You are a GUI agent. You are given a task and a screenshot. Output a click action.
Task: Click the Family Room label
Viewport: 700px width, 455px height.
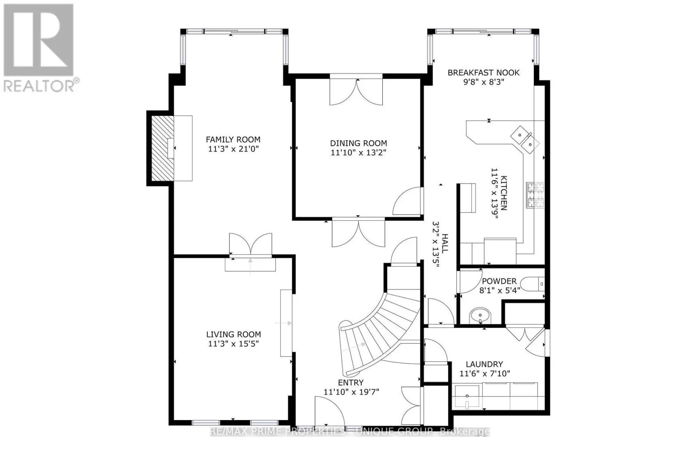[x=233, y=139]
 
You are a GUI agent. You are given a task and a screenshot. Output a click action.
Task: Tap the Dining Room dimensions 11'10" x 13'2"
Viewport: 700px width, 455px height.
[x=358, y=153]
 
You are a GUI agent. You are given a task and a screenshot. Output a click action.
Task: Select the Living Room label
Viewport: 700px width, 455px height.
[x=234, y=334]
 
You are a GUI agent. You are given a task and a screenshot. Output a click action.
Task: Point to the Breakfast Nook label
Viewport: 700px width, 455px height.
[x=483, y=73]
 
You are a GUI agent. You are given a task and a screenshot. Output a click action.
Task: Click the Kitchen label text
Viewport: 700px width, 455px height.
[x=504, y=193]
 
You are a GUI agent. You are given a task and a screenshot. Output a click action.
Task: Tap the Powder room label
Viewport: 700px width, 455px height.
[x=499, y=281]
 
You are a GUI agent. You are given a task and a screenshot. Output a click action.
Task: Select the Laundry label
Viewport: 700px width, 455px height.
[x=484, y=364]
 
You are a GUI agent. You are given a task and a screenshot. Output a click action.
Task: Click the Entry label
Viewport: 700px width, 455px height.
[x=350, y=382]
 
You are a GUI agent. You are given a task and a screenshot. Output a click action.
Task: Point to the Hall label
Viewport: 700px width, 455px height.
[x=444, y=243]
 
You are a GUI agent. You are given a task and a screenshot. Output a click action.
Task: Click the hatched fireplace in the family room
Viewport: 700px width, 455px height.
[x=163, y=148]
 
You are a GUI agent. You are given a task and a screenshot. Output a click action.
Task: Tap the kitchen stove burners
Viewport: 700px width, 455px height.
[x=535, y=195]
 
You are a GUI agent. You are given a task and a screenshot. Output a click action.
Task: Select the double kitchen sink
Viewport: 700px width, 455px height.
[x=525, y=140]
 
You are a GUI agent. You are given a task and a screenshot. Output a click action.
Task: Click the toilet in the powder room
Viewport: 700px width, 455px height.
[x=532, y=284]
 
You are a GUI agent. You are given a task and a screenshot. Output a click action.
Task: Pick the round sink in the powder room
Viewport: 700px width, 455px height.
[x=480, y=316]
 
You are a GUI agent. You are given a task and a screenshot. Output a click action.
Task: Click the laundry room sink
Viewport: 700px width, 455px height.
[x=467, y=396]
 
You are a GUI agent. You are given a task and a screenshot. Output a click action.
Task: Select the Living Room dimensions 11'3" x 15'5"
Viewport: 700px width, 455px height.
[x=234, y=344]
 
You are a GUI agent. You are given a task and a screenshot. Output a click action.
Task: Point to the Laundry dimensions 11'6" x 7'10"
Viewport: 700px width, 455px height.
[x=485, y=374]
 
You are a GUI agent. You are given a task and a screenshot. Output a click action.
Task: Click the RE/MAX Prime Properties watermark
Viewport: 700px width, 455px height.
[x=350, y=431]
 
